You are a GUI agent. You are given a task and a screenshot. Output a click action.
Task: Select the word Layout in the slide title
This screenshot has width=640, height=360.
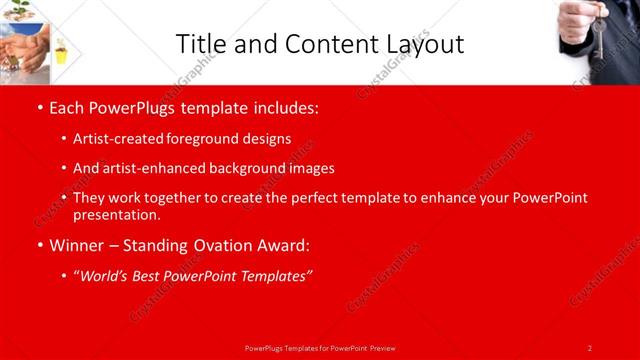click(x=422, y=44)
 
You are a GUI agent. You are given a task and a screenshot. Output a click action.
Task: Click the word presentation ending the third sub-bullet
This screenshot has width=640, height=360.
click(x=116, y=214)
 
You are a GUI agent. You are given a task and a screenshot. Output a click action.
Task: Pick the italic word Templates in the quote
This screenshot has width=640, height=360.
click(x=275, y=276)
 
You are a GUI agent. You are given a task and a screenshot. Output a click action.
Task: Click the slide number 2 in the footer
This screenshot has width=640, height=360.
click(x=590, y=347)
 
